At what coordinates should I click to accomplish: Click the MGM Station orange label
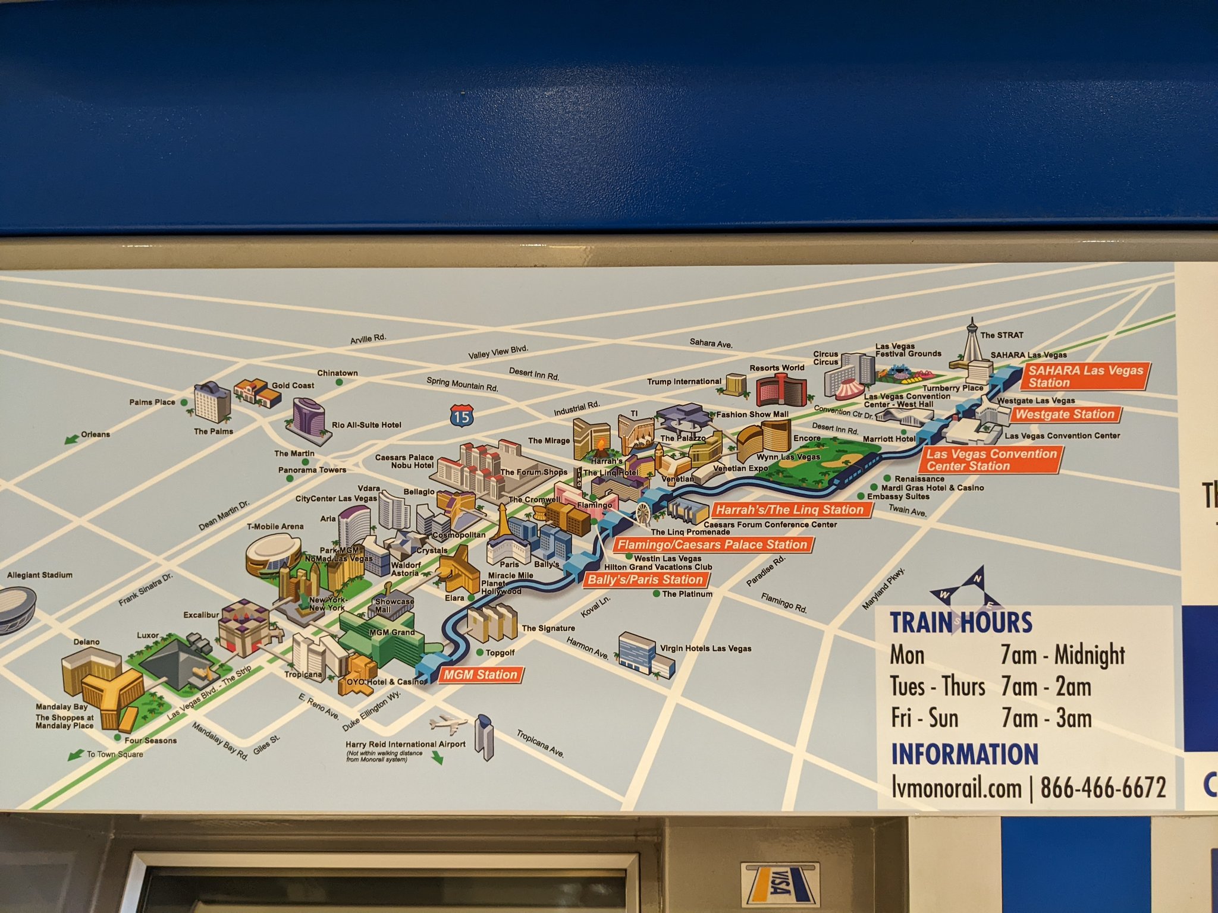pos(481,675)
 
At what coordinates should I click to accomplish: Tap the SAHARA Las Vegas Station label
pos(1085,376)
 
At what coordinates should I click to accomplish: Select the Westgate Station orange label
pos(1065,414)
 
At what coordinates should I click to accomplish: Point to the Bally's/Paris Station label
pos(645,580)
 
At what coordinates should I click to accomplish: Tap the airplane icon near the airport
pos(448,724)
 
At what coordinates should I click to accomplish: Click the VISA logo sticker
pos(780,889)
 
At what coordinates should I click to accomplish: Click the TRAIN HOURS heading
pos(960,622)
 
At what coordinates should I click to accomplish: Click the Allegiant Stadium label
pos(40,575)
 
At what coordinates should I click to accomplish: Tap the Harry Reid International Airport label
pos(405,744)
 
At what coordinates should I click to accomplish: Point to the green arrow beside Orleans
pos(72,439)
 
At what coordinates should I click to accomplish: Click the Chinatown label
pos(337,373)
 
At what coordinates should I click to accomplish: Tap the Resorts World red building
pos(781,389)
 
